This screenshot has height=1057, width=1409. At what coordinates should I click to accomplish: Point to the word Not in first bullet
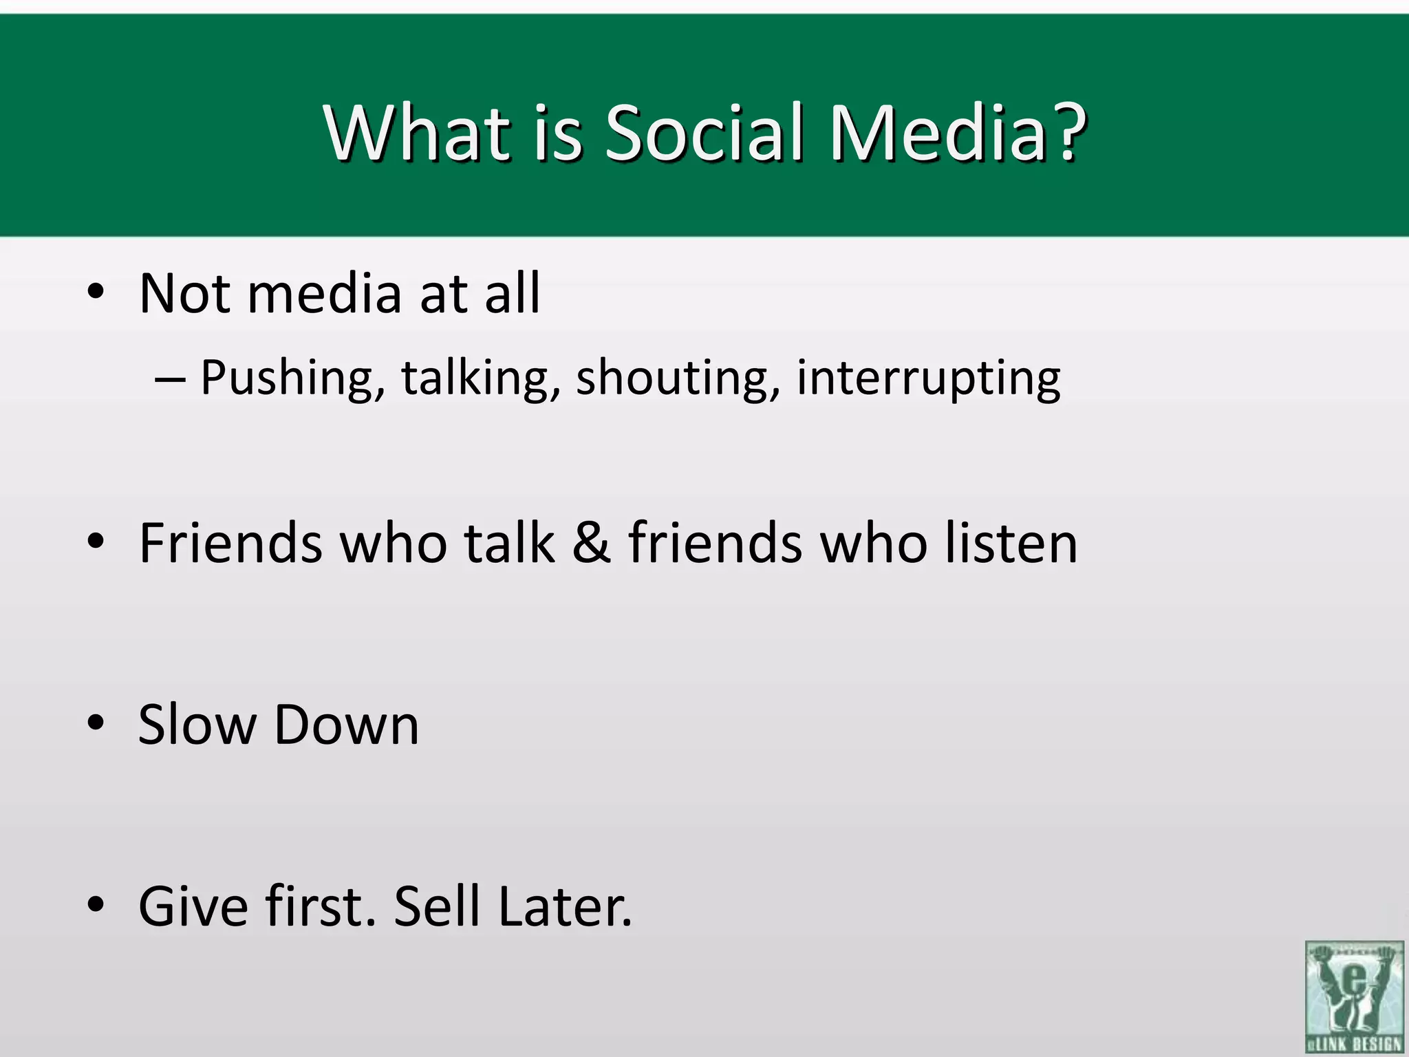click(x=184, y=294)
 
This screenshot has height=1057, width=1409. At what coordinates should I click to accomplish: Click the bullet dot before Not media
click(x=96, y=292)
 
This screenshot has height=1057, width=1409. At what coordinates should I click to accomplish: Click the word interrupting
click(x=929, y=378)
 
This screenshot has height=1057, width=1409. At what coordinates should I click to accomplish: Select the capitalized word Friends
click(x=230, y=544)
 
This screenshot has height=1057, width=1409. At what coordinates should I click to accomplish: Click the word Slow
click(x=197, y=725)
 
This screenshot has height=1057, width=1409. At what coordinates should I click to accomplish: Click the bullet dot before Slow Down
click(x=96, y=723)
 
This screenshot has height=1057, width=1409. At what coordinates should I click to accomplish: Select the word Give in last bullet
click(x=193, y=907)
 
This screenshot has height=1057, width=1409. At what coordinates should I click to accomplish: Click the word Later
click(x=564, y=907)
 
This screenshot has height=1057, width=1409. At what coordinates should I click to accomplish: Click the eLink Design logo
click(x=1354, y=996)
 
